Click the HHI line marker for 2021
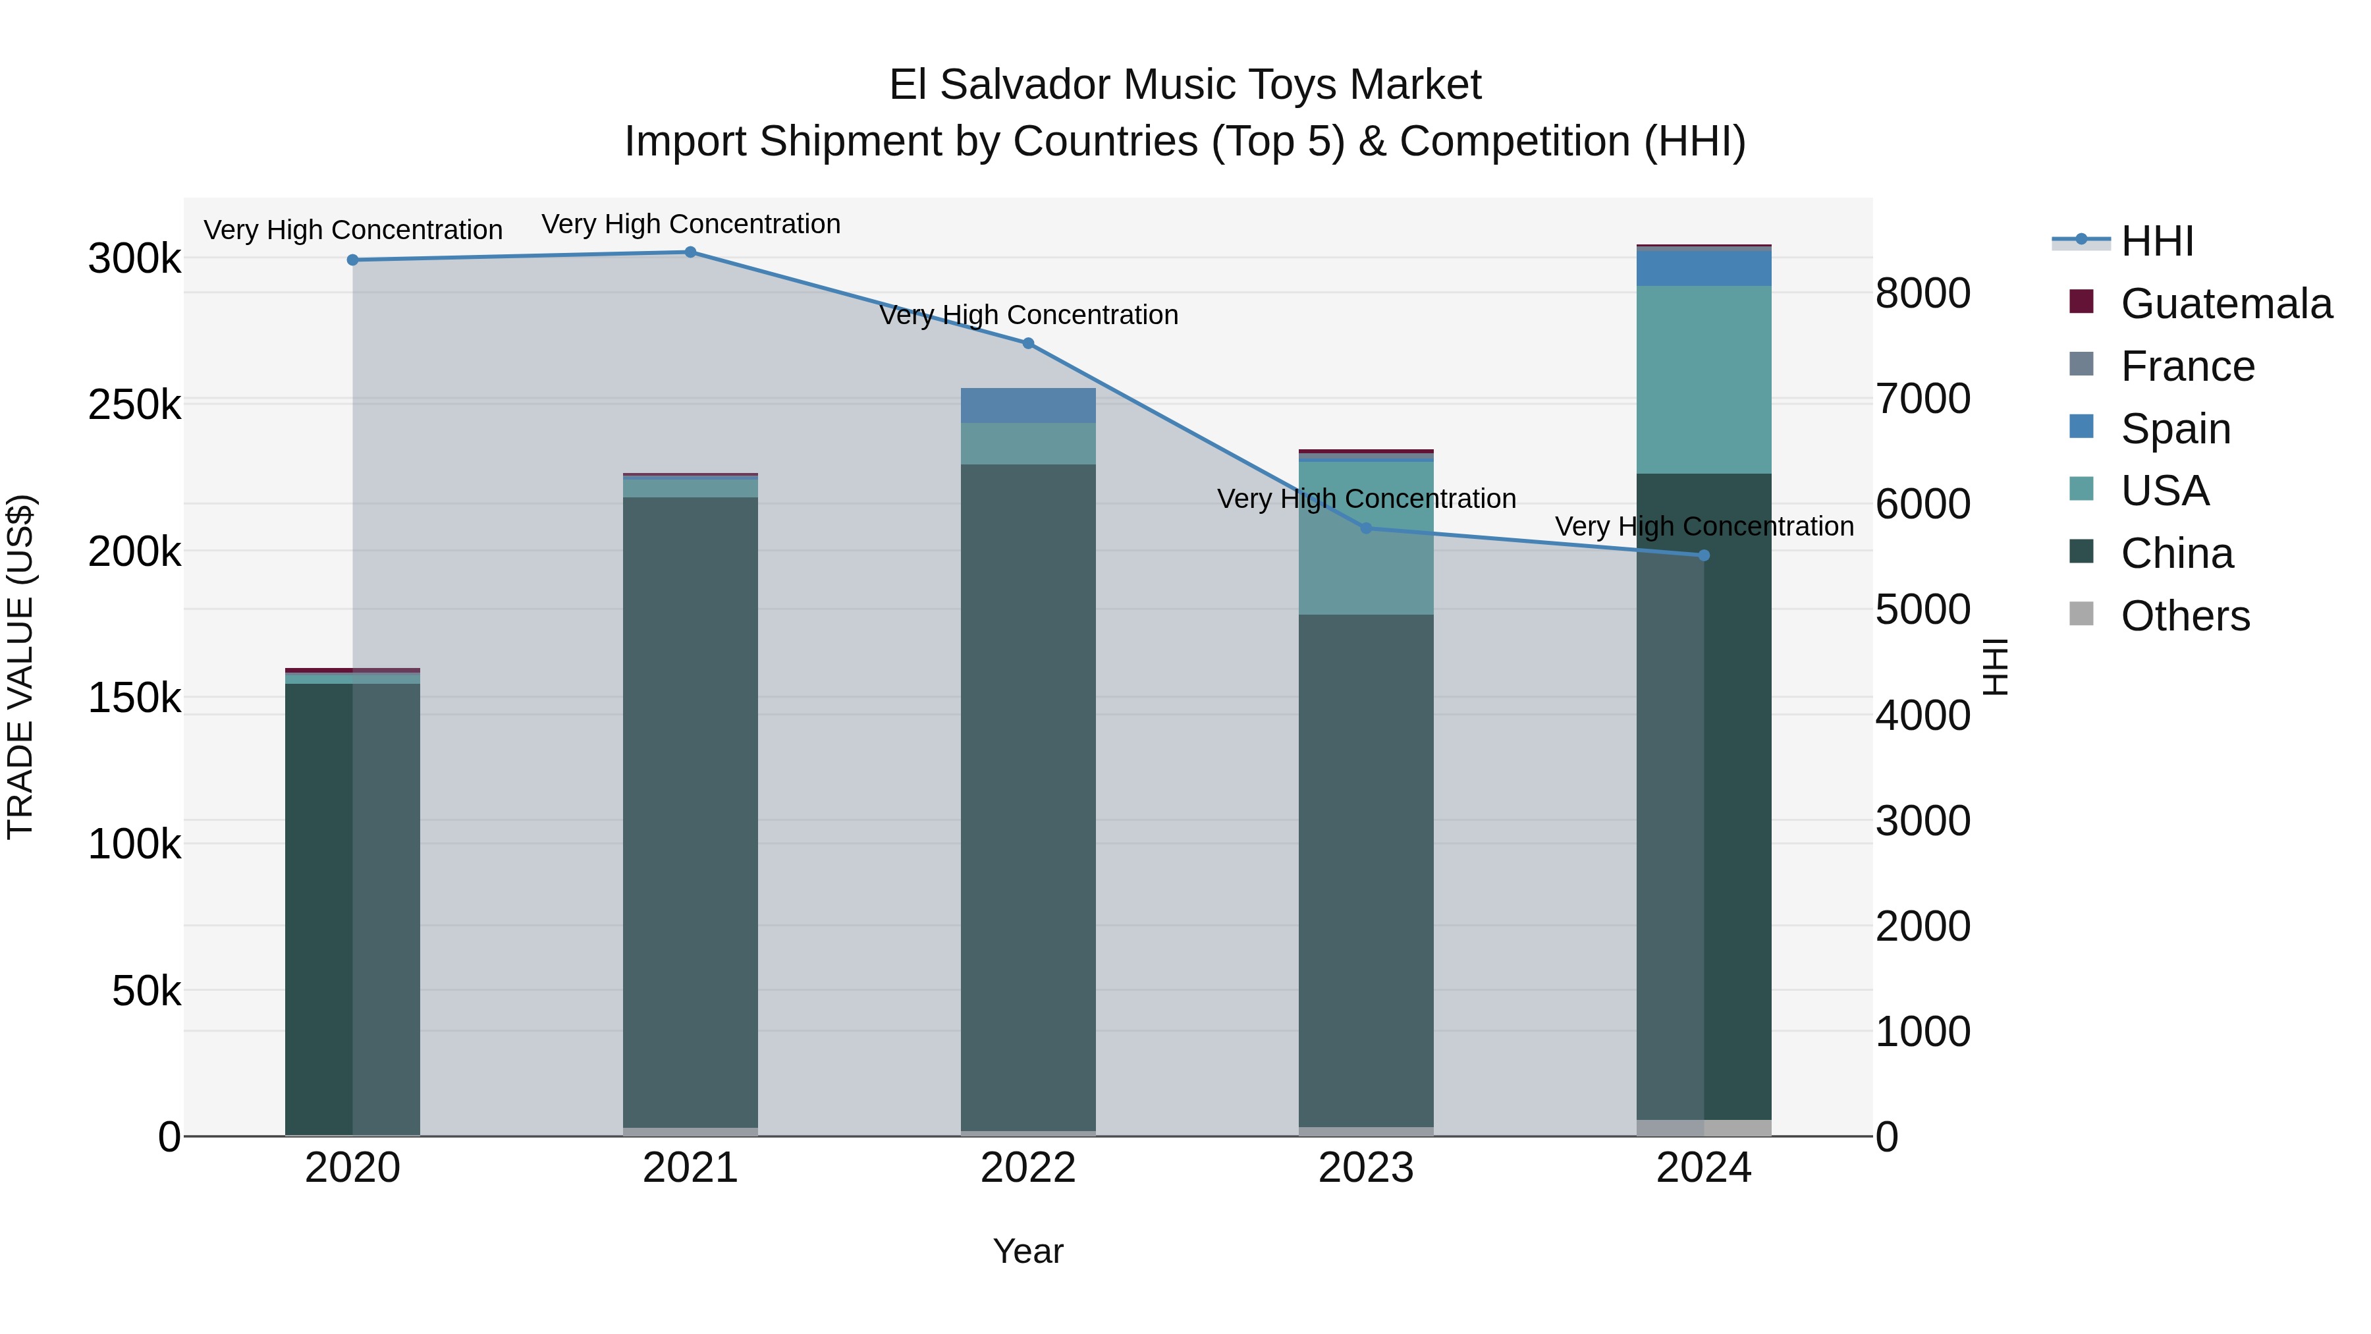coord(690,252)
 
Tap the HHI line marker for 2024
coord(1704,555)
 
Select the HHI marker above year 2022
coord(1028,343)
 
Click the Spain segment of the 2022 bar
coord(1028,405)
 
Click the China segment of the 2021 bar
coord(690,810)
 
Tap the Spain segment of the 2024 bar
coord(1704,268)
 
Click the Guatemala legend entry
coord(2225,304)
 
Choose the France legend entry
coord(2187,366)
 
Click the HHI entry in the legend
coord(2156,241)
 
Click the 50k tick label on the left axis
coord(146,991)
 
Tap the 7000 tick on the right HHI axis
coord(1922,399)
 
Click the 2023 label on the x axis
coord(1366,1168)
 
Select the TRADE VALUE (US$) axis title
coord(20,667)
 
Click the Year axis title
coord(1028,1251)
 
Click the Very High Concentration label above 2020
coord(352,229)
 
